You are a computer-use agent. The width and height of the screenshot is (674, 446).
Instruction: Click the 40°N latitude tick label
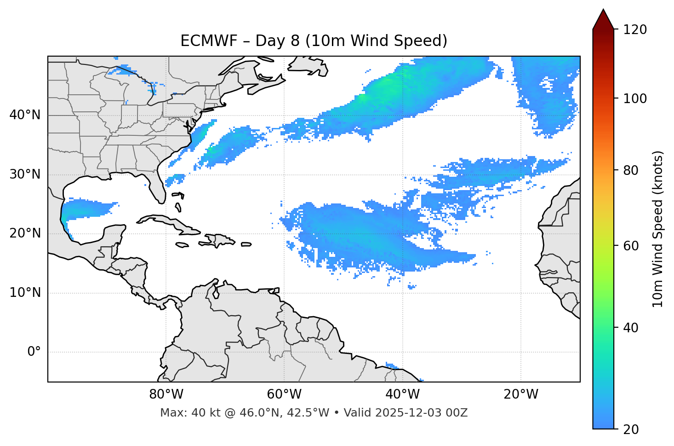[25, 115]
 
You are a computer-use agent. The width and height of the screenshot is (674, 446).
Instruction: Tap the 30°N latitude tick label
[25, 174]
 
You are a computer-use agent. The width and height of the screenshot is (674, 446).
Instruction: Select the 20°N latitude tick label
[25, 234]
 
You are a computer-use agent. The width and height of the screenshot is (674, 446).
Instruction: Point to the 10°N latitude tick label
[25, 293]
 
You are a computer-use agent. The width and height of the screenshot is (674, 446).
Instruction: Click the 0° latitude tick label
[34, 352]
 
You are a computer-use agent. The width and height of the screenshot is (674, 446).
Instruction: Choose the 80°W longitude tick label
[166, 394]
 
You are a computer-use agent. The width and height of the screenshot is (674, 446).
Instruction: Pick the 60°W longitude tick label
[284, 394]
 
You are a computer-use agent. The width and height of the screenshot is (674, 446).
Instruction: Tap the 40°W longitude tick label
[402, 394]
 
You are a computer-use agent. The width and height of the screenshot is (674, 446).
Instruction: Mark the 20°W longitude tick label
[520, 394]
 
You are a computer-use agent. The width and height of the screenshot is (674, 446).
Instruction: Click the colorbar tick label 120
[635, 30]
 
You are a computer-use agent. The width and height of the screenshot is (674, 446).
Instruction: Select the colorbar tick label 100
[635, 98]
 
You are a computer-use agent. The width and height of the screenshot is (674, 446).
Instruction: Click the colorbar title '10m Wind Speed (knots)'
[658, 229]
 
